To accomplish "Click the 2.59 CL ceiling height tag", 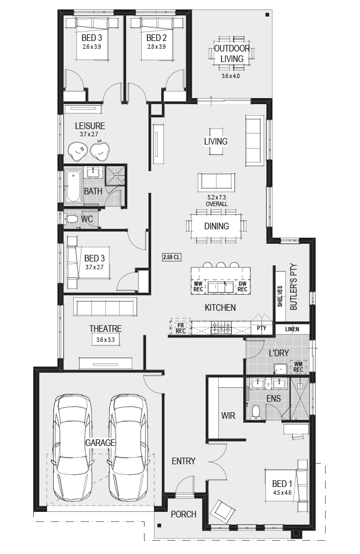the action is click(171, 257).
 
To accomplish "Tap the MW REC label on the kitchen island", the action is click(198, 286).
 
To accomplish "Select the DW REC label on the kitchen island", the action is click(243, 286).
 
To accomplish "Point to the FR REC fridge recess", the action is click(181, 328).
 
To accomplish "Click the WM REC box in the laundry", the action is click(298, 367).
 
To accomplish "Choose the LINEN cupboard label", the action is click(292, 329).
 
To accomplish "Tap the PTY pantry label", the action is click(261, 328).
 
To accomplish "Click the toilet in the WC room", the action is click(71, 219).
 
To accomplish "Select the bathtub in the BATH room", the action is click(74, 187).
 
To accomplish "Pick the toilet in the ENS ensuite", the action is click(255, 412).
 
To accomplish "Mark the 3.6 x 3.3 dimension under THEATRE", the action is click(105, 340).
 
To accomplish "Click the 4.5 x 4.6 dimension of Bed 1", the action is click(282, 493).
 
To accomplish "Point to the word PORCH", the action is click(183, 514).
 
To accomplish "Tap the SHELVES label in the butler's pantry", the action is click(280, 296).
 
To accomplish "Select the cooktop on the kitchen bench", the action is click(221, 328).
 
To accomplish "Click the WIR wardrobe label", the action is click(228, 416).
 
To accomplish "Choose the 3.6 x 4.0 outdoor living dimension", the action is click(231, 76).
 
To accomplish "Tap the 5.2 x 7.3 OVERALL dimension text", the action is click(217, 201).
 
